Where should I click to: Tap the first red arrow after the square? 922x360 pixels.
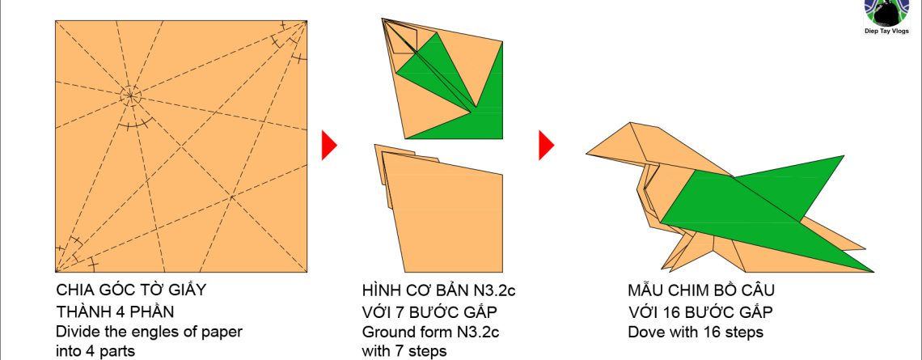(x=329, y=145)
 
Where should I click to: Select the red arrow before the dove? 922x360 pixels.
(x=546, y=145)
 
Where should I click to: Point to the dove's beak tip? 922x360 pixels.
(x=587, y=155)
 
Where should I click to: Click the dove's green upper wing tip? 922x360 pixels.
(x=844, y=156)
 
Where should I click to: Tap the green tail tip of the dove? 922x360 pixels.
(x=873, y=271)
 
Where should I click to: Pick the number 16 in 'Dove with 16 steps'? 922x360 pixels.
(x=711, y=332)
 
